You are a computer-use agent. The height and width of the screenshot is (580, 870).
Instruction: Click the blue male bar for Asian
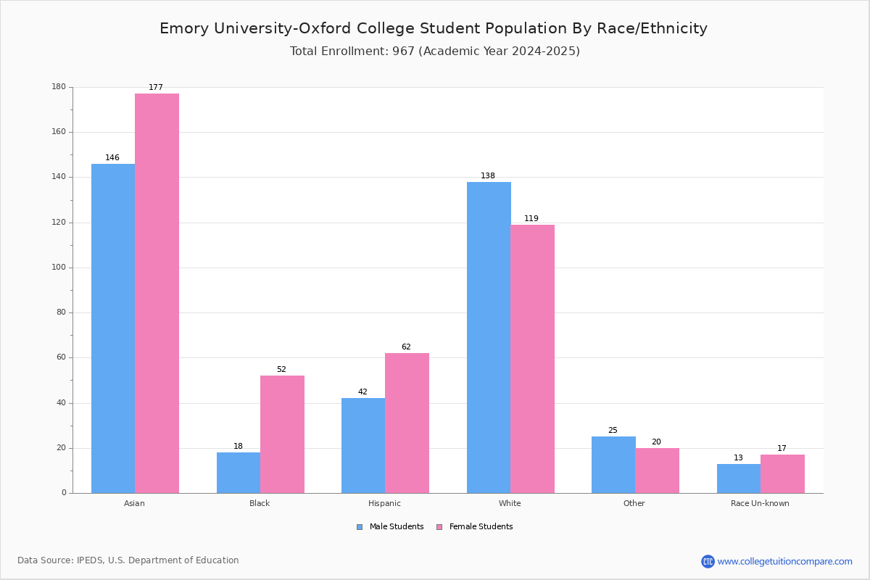click(113, 328)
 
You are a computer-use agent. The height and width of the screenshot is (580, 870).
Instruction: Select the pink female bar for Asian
click(157, 293)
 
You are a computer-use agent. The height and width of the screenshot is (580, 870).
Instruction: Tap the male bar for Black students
click(239, 473)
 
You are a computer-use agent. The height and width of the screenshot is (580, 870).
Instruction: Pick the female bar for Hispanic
click(407, 423)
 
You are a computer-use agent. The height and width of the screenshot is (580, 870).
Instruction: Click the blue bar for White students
click(489, 337)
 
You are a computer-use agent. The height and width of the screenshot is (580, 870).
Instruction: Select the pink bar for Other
click(657, 471)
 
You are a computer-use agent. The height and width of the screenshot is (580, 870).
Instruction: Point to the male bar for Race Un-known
click(739, 478)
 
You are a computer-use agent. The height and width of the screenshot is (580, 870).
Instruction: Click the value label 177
click(156, 88)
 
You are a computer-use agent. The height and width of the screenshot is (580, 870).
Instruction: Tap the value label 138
click(488, 176)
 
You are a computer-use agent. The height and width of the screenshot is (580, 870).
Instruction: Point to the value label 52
click(281, 370)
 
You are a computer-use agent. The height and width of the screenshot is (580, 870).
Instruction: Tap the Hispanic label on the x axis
click(384, 503)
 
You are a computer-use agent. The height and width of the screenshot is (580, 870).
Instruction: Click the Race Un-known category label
click(760, 503)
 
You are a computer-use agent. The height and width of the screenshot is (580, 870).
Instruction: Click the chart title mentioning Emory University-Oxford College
click(434, 28)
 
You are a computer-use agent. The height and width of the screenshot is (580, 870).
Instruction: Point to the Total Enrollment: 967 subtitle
click(435, 51)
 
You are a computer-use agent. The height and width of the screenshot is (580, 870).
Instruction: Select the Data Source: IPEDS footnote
click(128, 560)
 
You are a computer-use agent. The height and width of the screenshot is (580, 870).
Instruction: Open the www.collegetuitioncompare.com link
click(784, 561)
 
